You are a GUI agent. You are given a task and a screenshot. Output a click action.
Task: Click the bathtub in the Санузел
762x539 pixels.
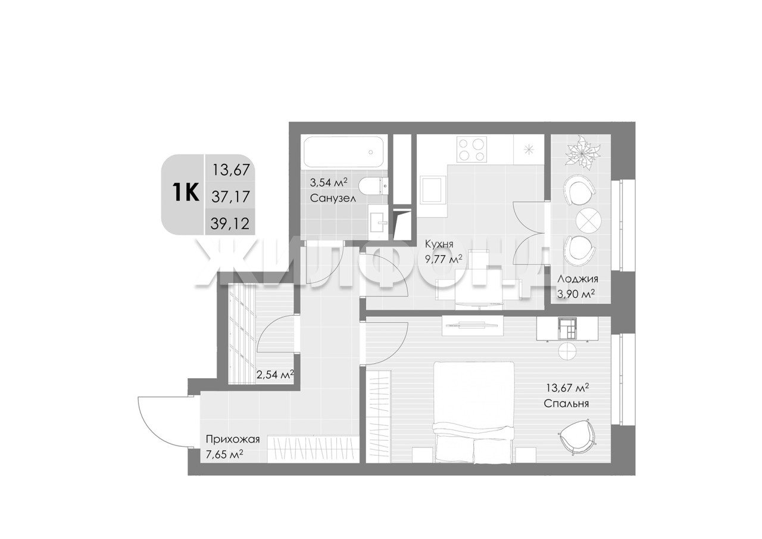click(x=344, y=152)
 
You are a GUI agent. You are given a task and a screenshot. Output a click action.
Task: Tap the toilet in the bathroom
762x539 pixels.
click(x=373, y=185)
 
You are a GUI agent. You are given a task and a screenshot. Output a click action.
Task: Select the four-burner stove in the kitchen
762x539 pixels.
click(x=471, y=149)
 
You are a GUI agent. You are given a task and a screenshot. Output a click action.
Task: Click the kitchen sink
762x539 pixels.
click(x=433, y=189)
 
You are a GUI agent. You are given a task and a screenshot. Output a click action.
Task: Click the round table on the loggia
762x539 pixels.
click(x=589, y=221)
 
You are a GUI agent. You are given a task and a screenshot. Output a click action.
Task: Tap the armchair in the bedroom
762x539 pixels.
click(x=578, y=438)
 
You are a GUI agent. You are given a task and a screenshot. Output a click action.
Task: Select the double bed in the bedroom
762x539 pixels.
click(x=473, y=412)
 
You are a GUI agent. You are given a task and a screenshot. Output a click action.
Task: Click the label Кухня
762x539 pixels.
click(x=439, y=244)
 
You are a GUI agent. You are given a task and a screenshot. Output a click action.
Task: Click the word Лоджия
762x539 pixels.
click(x=577, y=279)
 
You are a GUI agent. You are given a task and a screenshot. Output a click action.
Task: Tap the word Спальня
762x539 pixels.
click(x=566, y=404)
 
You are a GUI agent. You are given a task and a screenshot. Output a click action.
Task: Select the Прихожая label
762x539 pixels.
click(x=233, y=440)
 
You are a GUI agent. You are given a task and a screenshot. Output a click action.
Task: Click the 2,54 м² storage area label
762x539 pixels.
click(x=275, y=375)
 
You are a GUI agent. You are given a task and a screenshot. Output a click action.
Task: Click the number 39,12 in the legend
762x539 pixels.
click(x=230, y=223)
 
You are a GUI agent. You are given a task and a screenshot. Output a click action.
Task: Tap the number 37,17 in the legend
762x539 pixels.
click(x=230, y=197)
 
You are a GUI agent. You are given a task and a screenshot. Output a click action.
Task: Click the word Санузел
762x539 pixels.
click(x=333, y=198)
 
